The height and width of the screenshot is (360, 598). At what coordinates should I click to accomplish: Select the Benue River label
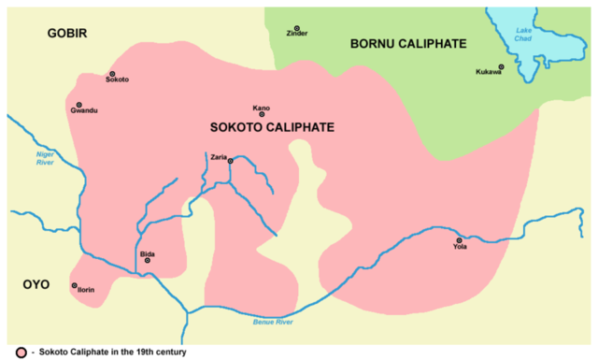coord(273,323)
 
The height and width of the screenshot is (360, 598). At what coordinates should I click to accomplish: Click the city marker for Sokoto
coord(112,73)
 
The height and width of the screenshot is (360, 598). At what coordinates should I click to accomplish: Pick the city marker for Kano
coord(262,114)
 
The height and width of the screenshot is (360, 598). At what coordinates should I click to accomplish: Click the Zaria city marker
coord(230,161)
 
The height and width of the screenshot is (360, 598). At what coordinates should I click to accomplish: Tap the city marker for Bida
coord(147,261)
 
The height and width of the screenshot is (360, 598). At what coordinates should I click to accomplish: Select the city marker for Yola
coord(459,240)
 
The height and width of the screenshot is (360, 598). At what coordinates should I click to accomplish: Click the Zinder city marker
coord(297,28)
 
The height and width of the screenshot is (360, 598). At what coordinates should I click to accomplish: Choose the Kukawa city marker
coord(501,66)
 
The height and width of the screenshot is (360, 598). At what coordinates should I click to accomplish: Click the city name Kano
coord(262,107)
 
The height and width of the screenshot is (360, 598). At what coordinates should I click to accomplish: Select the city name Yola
coord(459,248)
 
